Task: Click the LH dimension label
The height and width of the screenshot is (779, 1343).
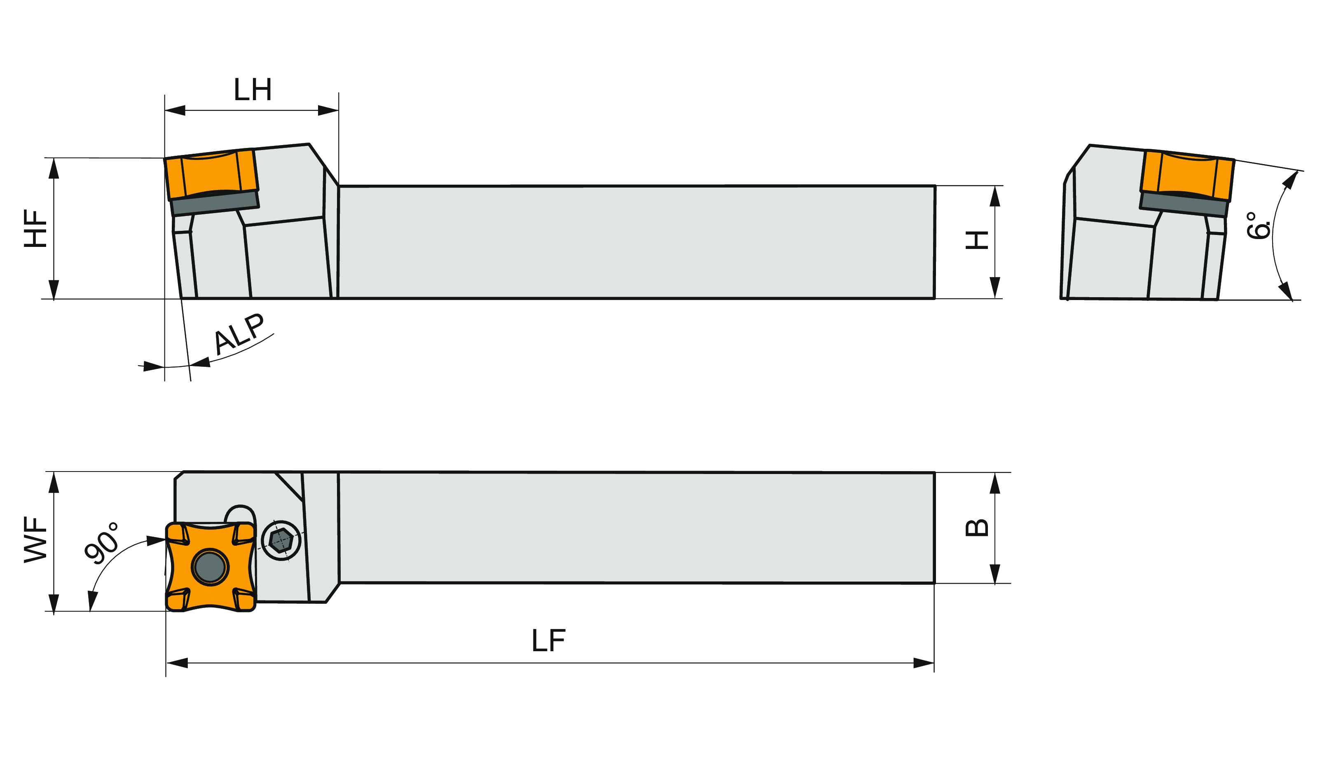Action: point(253,89)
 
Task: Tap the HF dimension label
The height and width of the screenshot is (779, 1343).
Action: point(36,228)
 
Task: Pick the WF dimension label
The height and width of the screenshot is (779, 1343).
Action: point(36,540)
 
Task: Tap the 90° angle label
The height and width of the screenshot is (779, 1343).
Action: point(102,543)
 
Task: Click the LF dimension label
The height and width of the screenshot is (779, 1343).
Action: point(548,641)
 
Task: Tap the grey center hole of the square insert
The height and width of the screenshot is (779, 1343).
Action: point(210,567)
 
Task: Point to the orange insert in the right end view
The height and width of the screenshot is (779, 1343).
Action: point(1187,176)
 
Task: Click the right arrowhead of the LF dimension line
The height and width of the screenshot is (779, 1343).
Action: point(924,663)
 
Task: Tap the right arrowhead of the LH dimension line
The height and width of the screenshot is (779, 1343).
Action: point(328,110)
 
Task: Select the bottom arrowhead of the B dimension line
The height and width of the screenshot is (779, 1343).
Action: point(995,574)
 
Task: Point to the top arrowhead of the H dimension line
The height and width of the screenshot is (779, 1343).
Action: point(995,196)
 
